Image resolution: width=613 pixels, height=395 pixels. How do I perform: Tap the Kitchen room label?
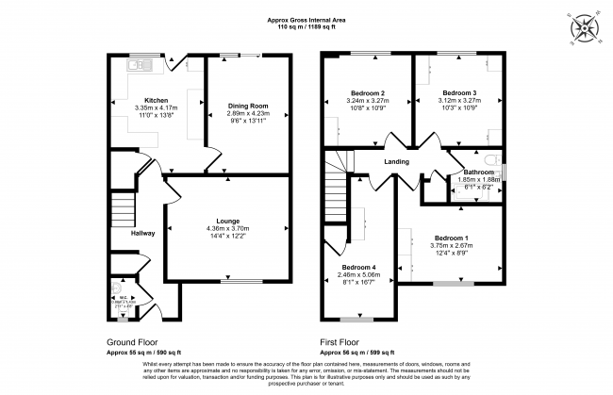(x=156, y=100)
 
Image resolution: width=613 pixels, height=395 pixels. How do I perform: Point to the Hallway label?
(x=117, y=232)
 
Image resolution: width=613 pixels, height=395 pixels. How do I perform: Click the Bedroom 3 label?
(x=459, y=92)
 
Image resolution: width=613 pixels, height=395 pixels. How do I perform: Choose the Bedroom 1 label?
(x=450, y=238)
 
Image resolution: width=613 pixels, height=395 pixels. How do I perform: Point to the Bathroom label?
(x=476, y=173)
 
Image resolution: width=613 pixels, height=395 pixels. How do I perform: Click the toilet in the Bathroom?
(x=492, y=159)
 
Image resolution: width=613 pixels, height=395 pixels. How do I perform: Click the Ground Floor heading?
(x=133, y=342)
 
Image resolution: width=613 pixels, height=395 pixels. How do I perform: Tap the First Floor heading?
(x=339, y=342)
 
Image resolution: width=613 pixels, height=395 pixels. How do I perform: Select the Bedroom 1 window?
(x=452, y=283)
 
